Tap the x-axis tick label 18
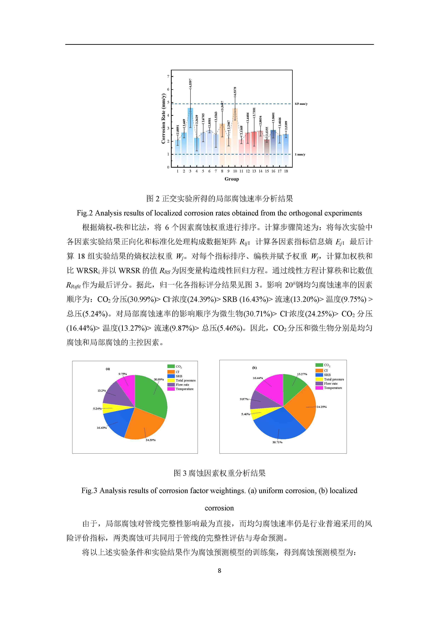point(286,171)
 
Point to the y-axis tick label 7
point(168,76)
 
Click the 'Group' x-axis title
point(232,179)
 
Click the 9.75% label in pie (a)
point(122,374)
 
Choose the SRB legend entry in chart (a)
point(179,376)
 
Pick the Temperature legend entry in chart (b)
point(333,388)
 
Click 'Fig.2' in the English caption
point(85,213)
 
